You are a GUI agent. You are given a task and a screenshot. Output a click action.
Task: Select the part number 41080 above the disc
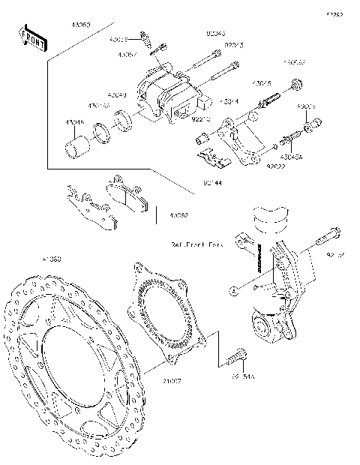(51, 259)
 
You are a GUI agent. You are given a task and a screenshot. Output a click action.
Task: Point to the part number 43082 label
(178, 215)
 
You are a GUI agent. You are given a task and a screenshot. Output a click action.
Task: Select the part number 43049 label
(115, 95)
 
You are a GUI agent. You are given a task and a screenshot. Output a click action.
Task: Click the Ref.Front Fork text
(197, 244)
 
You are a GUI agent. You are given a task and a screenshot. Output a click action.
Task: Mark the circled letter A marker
(235, 288)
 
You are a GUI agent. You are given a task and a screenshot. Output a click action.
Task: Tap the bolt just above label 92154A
(238, 355)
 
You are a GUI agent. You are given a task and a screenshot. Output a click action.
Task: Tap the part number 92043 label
(215, 34)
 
